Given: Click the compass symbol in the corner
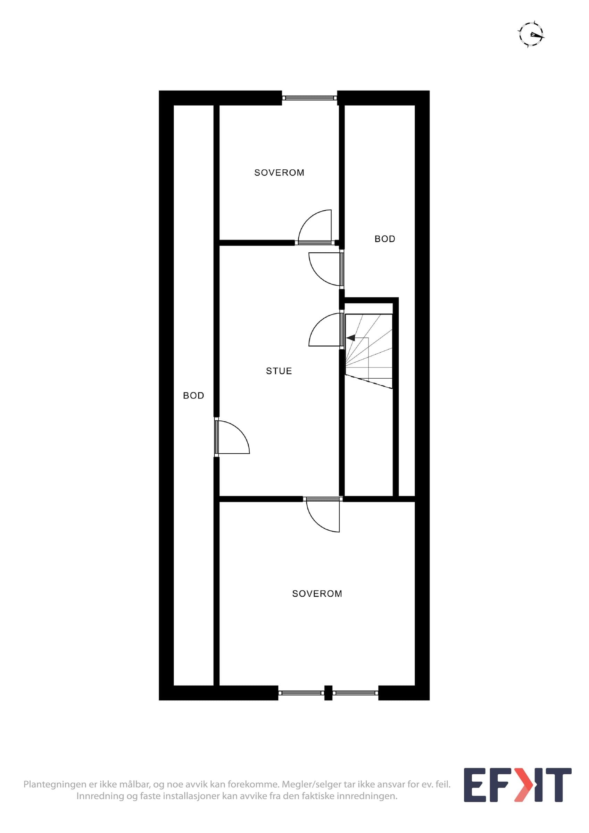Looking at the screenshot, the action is point(531,35).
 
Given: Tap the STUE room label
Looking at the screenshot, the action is point(279,371).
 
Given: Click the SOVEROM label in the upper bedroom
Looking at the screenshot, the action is point(279,173).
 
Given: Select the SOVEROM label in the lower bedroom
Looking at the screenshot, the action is point(317,594).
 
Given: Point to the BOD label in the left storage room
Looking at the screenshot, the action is point(193,395).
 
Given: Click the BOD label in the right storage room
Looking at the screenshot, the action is point(385,239).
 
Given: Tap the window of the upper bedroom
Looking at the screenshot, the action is point(309,98).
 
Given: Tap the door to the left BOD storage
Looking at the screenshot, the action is point(232,437).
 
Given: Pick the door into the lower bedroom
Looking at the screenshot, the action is point(323,514).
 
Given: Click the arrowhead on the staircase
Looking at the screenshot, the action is point(350,338).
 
